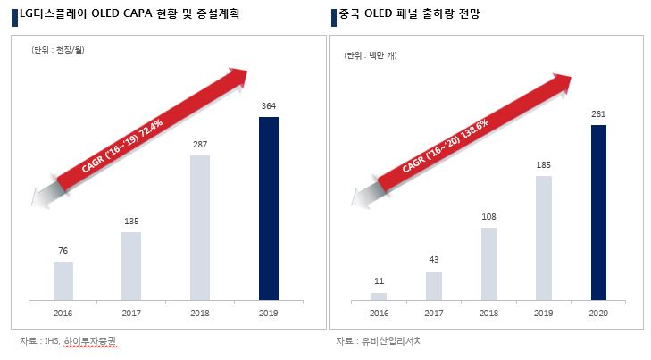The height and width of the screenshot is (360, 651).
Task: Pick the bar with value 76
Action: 63,280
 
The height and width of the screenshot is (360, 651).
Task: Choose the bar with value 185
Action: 544,238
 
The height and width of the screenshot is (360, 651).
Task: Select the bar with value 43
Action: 434,285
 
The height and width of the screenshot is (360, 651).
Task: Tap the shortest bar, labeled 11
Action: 380,296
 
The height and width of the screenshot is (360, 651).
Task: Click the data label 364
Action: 268,106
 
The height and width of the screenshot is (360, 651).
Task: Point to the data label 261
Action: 599,114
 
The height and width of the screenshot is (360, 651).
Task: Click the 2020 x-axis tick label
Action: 599,314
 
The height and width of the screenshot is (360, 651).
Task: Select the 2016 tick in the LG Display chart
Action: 63,314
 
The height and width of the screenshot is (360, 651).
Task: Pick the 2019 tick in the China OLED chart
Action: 544,314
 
